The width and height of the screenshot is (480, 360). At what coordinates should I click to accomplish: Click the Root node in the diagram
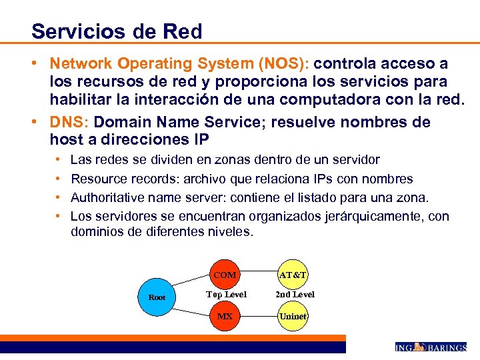point(157,297)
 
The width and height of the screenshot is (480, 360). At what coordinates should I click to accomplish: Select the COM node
point(225,275)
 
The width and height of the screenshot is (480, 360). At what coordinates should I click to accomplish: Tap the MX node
point(225,316)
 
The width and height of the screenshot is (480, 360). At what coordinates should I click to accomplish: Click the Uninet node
point(293,316)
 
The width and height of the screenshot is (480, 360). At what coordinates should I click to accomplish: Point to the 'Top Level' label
point(226,294)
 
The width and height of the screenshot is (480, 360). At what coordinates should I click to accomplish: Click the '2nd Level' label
point(294,294)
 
